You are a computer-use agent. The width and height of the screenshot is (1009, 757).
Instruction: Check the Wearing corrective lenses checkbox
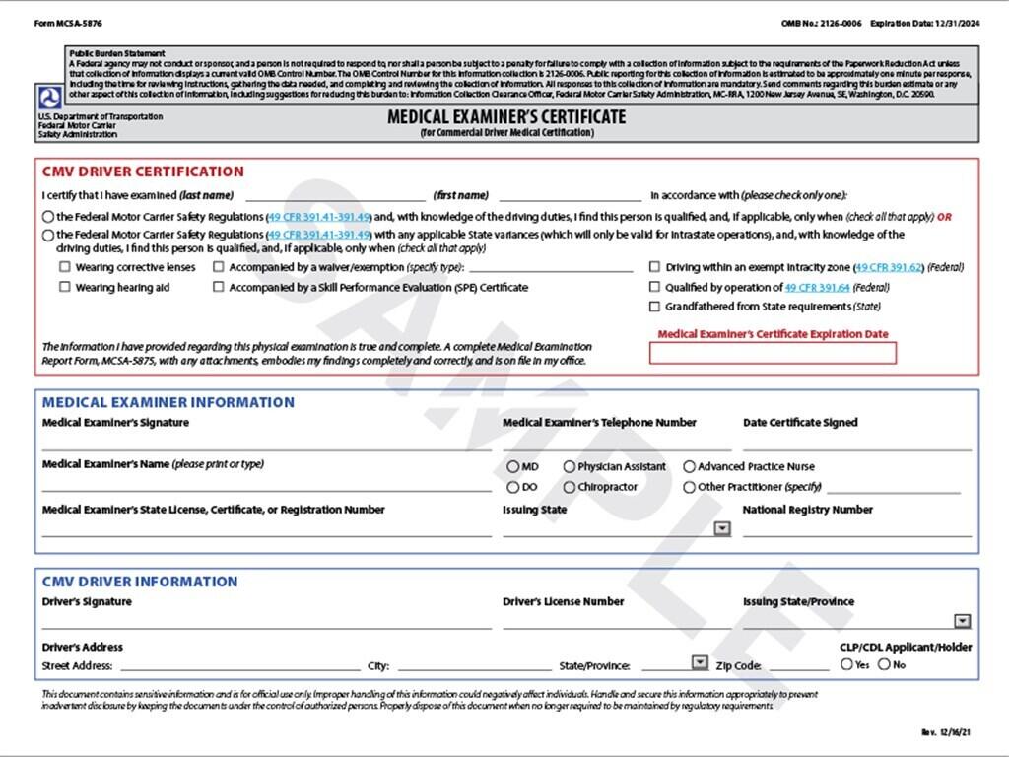coord(65,267)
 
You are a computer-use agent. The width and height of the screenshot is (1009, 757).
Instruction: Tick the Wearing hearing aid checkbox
coord(65,288)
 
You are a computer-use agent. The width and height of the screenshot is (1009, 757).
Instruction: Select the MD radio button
coord(513,466)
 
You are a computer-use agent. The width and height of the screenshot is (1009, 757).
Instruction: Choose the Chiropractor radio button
coord(570,487)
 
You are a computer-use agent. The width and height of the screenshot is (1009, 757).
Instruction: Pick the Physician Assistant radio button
coord(570,466)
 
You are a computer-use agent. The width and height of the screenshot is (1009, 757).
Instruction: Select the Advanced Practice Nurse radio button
coord(690,466)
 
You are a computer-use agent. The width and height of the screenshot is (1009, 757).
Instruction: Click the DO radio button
coord(513,487)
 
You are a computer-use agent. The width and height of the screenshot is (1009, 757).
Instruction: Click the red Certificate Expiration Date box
coord(773,353)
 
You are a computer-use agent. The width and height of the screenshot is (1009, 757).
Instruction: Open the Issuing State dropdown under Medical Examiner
coord(722,529)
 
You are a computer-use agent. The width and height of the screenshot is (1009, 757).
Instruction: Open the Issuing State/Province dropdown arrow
coord(963,621)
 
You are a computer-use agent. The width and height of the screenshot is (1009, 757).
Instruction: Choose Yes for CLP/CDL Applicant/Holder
coord(847,664)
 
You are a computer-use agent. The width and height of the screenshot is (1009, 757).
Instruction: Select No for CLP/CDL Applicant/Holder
coord(884,664)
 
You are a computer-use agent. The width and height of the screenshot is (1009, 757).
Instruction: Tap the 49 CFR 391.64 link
coord(817,288)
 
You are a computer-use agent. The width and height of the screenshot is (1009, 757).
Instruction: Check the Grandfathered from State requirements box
coord(655,307)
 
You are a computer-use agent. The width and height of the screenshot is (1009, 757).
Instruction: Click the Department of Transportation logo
coord(49,98)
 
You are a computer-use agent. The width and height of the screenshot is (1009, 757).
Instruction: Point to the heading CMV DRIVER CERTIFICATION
coord(143,172)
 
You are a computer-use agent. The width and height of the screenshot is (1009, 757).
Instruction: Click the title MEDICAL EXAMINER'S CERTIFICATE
coord(505,117)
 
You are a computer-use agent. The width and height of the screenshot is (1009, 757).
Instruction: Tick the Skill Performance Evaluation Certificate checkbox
coord(219,288)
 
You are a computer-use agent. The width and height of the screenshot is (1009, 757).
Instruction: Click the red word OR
coord(944,217)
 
